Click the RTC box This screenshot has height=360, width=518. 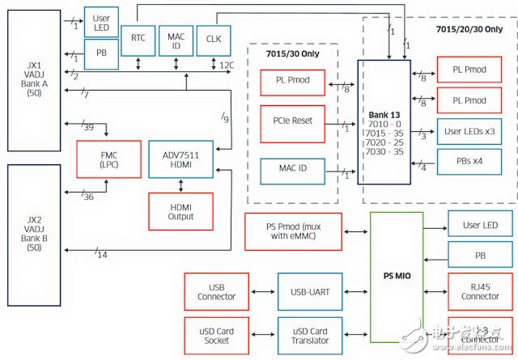point(138,37)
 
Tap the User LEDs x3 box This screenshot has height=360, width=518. point(473,130)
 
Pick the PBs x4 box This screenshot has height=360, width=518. point(473,161)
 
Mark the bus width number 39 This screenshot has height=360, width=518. point(87,127)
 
